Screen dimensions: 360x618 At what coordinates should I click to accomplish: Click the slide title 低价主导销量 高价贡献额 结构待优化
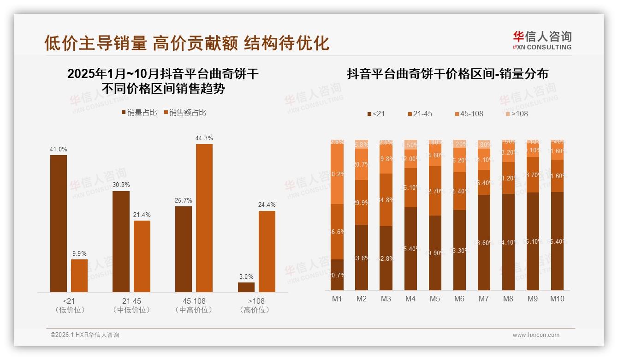(x=186, y=42)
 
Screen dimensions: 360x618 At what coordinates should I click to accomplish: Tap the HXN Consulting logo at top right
(x=542, y=40)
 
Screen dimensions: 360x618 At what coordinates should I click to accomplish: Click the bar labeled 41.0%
(x=59, y=223)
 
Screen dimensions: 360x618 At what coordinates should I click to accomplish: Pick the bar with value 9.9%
(x=79, y=276)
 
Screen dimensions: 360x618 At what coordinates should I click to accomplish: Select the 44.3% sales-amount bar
(x=204, y=218)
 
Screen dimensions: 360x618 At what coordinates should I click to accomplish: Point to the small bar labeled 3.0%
(x=246, y=287)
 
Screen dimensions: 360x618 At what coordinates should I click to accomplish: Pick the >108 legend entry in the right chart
(x=516, y=114)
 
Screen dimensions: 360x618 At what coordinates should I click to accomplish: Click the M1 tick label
(x=337, y=299)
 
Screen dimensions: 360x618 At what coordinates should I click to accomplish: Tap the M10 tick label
(x=557, y=299)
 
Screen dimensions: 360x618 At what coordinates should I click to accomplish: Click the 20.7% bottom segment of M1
(x=337, y=275)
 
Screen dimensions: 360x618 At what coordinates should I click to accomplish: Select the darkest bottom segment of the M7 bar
(x=484, y=242)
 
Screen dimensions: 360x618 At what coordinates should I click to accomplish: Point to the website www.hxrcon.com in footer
(x=536, y=335)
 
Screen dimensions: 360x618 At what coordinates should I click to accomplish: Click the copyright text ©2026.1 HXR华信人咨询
(x=84, y=335)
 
